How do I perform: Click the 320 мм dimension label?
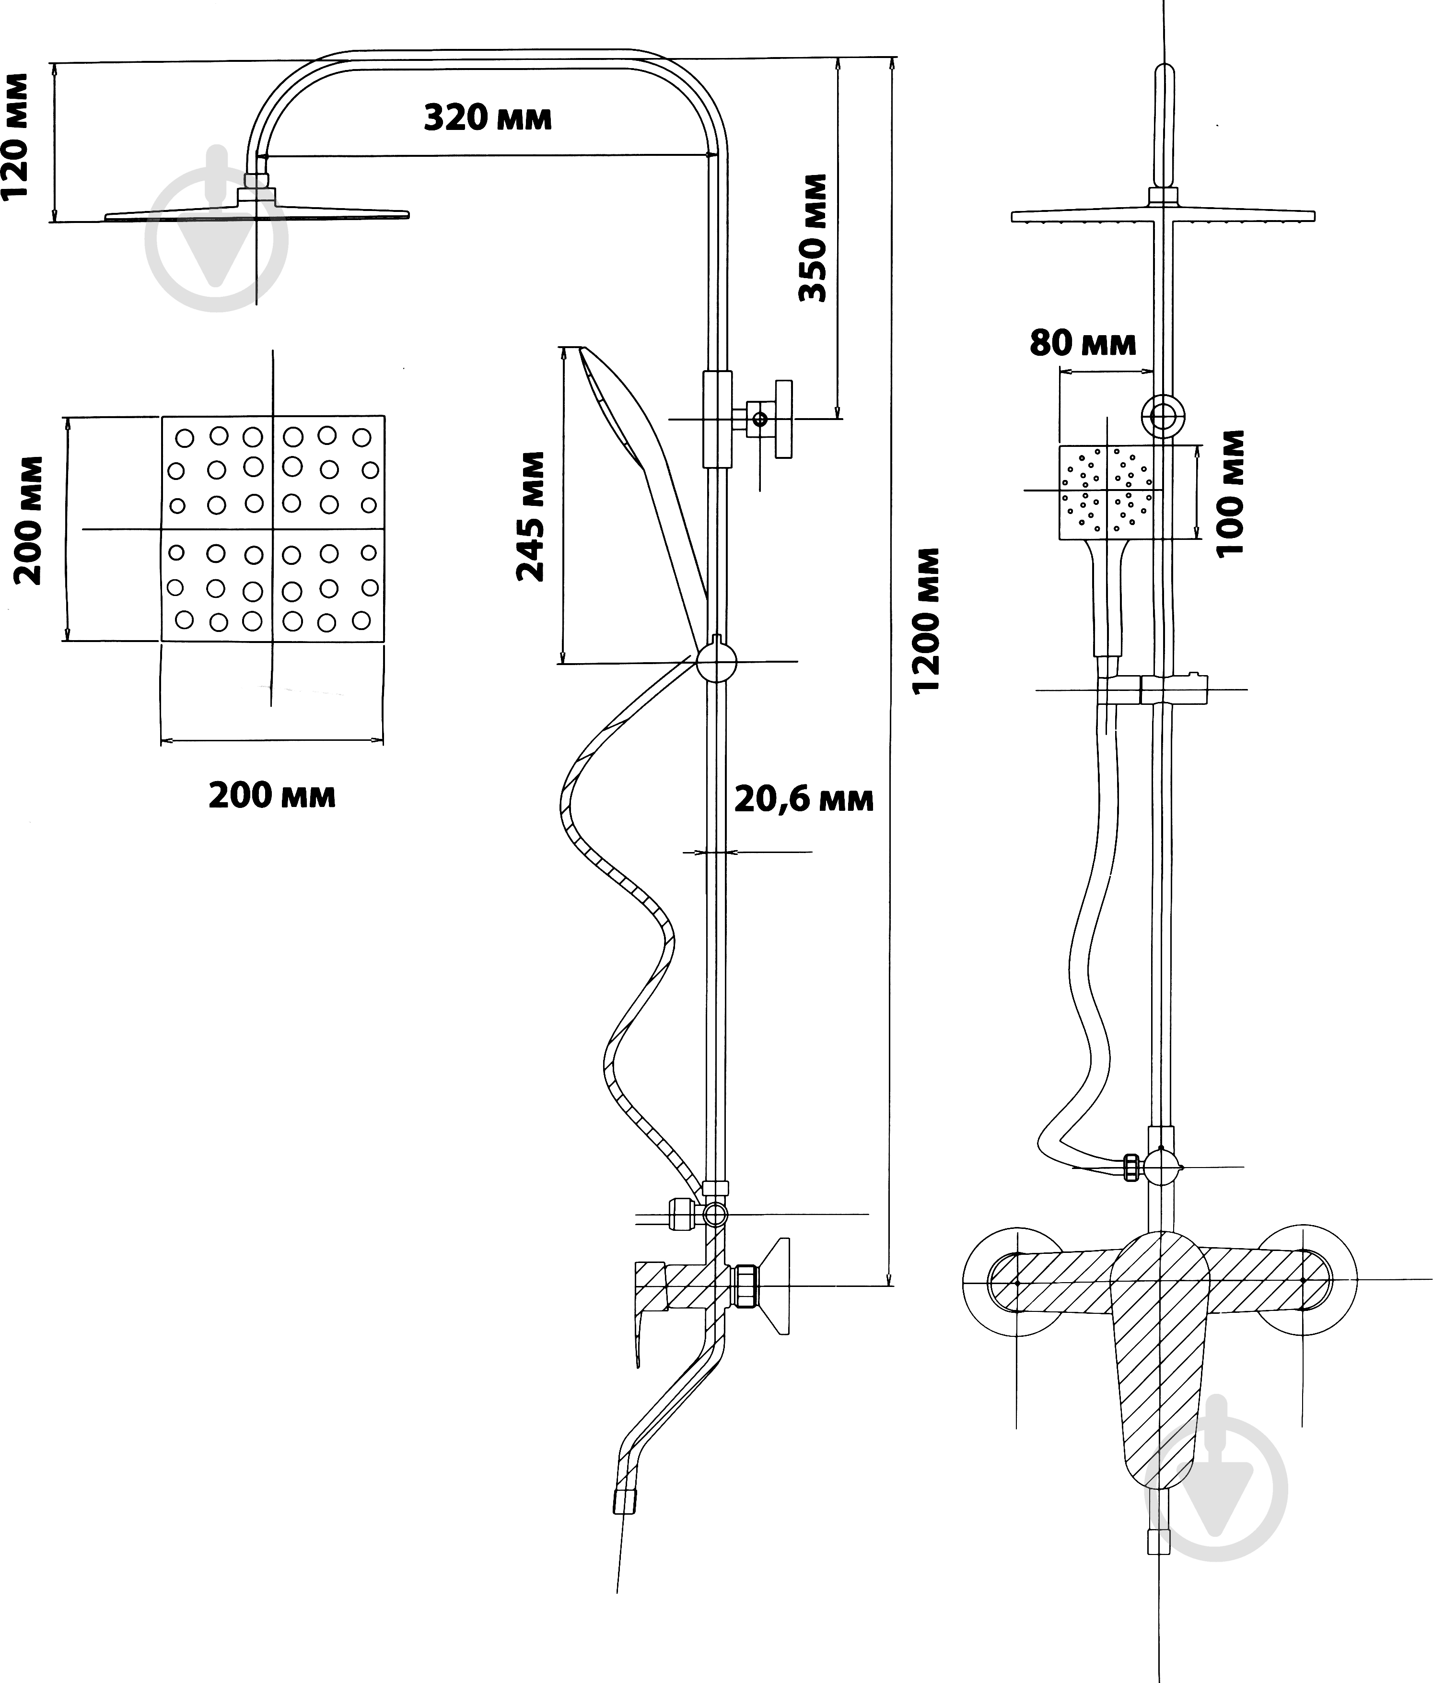tap(488, 118)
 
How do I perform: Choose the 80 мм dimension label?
tap(1083, 344)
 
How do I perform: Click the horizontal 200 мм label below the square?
tap(272, 795)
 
